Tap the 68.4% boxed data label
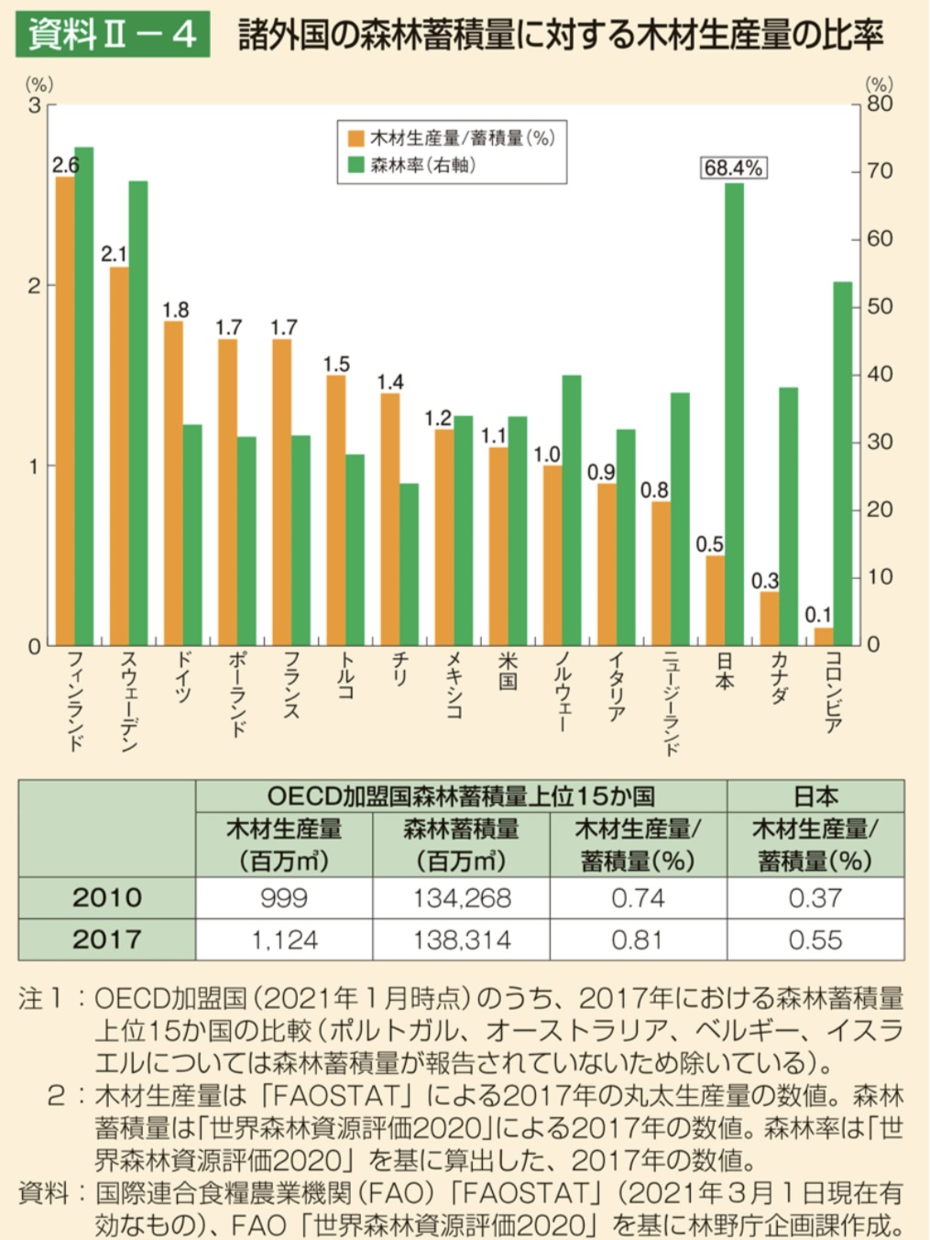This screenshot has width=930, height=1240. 733,168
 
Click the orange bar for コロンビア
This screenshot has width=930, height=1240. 824,636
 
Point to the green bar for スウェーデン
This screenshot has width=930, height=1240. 138,412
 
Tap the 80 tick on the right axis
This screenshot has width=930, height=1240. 879,104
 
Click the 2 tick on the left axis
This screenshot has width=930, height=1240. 35,286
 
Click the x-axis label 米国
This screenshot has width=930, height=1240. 508,672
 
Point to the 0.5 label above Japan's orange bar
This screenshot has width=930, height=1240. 709,544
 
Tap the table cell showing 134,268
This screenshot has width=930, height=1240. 461,898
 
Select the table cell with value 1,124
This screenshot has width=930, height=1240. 284,939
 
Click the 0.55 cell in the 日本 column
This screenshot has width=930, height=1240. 815,939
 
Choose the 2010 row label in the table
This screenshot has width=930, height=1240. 106,898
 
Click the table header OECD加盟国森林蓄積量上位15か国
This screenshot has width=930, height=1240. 461,796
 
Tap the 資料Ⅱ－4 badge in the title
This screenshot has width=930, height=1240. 112,35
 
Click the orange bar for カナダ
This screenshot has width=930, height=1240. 770,619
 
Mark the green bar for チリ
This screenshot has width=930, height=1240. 409,565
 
